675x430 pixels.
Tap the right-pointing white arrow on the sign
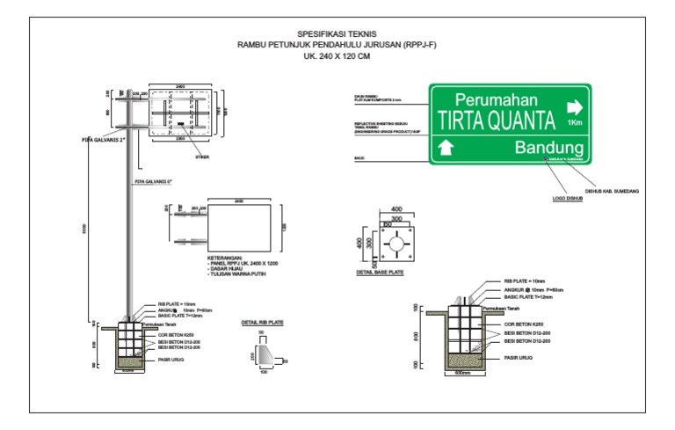[574, 107]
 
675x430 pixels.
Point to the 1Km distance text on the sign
[575, 123]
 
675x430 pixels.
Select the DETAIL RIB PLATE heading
[262, 323]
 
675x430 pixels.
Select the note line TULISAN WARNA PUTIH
[233, 275]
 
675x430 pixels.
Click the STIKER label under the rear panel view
[202, 157]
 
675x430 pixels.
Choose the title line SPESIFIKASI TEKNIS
[337, 32]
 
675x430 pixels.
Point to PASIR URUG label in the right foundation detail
[521, 359]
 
